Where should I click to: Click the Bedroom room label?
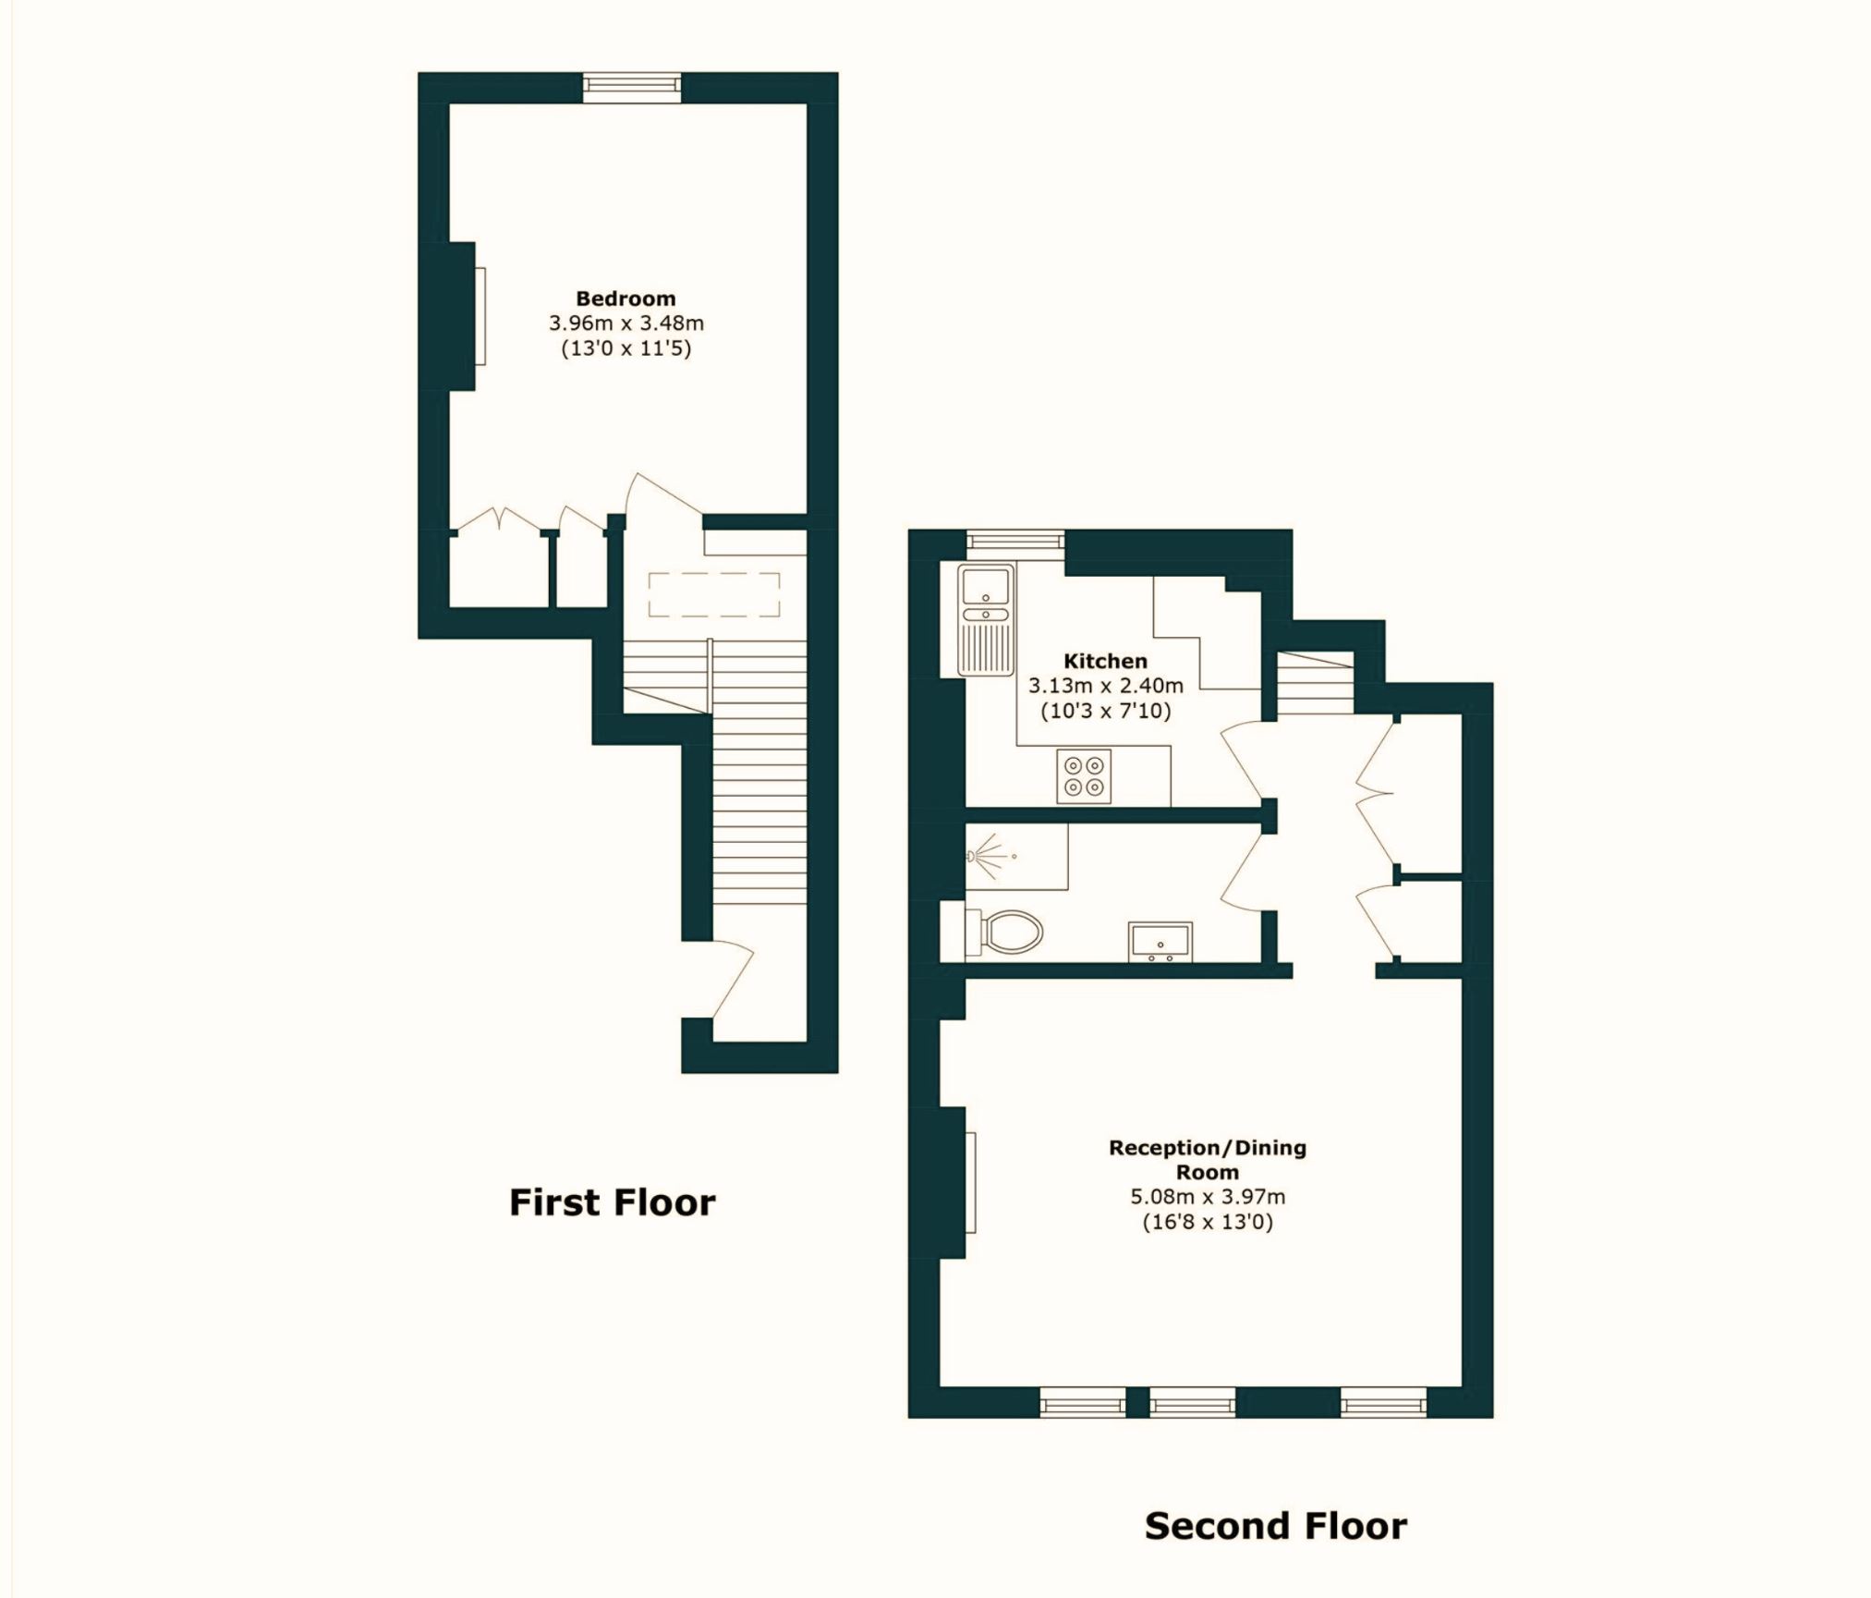click(626, 299)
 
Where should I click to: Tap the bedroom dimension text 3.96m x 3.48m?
click(626, 323)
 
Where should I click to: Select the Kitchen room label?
click(1105, 661)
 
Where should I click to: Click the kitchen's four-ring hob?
click(1084, 775)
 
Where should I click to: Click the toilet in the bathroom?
click(1007, 932)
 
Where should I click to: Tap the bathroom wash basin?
click(1160, 942)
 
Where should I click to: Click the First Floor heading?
click(612, 1202)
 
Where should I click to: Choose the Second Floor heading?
click(1275, 1526)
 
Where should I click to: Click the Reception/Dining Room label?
click(1207, 1160)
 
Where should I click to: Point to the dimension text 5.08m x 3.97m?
click(1207, 1197)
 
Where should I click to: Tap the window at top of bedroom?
click(632, 87)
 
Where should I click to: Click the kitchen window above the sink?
click(1014, 543)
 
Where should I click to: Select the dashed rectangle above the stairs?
click(713, 594)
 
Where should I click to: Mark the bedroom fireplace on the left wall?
click(467, 316)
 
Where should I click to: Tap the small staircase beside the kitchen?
click(1315, 683)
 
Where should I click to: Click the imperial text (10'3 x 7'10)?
click(1105, 712)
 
